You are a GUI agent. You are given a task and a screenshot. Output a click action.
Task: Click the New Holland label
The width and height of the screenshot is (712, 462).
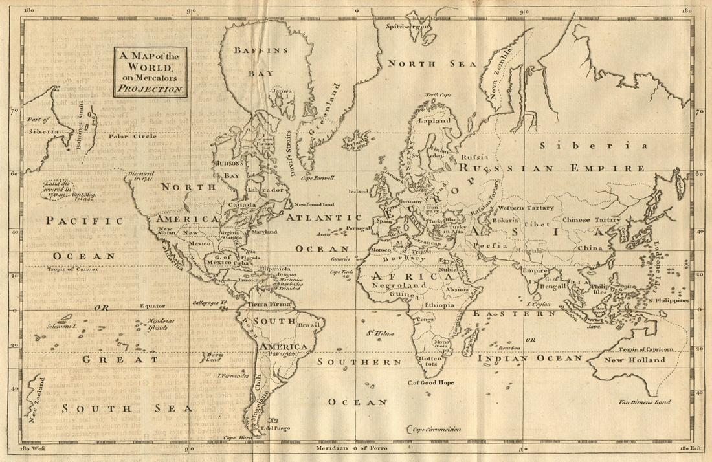[634, 360]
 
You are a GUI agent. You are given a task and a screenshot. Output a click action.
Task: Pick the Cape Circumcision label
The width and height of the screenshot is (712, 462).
[434, 429]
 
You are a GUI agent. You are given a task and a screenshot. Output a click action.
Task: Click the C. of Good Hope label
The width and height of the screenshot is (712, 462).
[430, 382]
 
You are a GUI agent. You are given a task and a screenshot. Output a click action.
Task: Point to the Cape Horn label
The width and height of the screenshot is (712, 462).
[237, 437]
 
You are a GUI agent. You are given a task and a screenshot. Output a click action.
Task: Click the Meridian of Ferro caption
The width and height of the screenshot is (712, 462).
[355, 448]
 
